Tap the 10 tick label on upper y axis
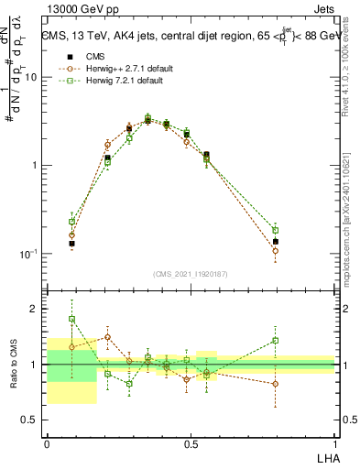click(x=31, y=77)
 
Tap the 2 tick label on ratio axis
click(x=36, y=310)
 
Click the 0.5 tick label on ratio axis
click(x=31, y=421)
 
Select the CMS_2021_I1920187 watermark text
click(x=190, y=273)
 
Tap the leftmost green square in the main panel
click(x=71, y=222)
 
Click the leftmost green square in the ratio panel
click(x=71, y=319)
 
